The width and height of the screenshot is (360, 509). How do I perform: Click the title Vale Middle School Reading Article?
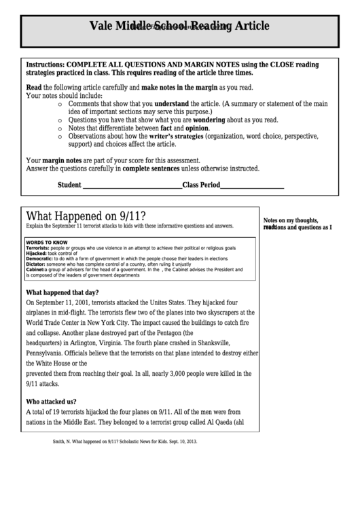pyautogui.click(x=179, y=27)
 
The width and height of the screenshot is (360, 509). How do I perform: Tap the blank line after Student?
pyautogui.click(x=132, y=186)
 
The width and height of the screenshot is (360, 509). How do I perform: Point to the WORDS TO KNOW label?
pyautogui.click(x=47, y=242)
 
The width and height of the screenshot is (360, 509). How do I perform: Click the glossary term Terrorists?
pyautogui.click(x=40, y=247)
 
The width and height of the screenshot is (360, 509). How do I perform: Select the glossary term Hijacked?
pyautogui.click(x=39, y=253)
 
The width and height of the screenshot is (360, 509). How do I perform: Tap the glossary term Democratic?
pyautogui.click(x=41, y=259)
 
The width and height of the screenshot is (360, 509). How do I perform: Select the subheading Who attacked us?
pyautogui.click(x=51, y=401)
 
